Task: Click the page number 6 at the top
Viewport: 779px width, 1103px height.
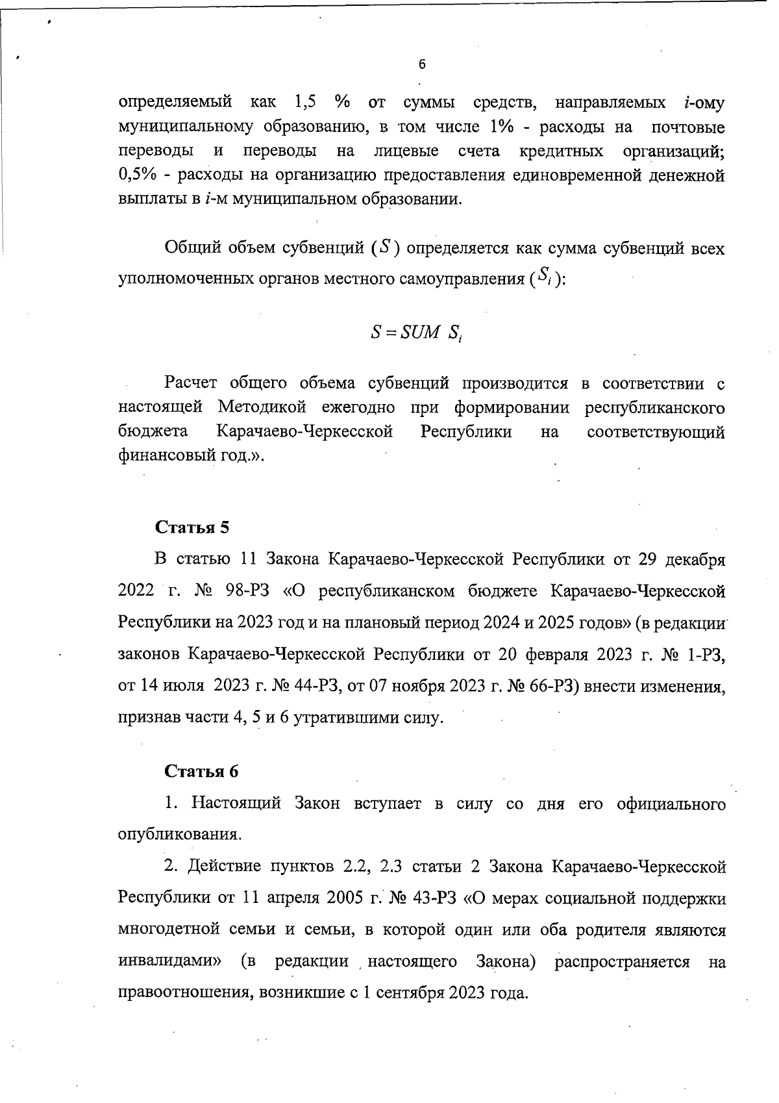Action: coord(422,64)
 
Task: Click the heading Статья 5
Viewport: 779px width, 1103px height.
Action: coord(192,527)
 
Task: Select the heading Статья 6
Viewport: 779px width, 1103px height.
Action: coord(201,771)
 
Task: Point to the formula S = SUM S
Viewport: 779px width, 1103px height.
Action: coord(416,333)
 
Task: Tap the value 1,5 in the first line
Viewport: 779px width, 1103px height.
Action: coord(305,103)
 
